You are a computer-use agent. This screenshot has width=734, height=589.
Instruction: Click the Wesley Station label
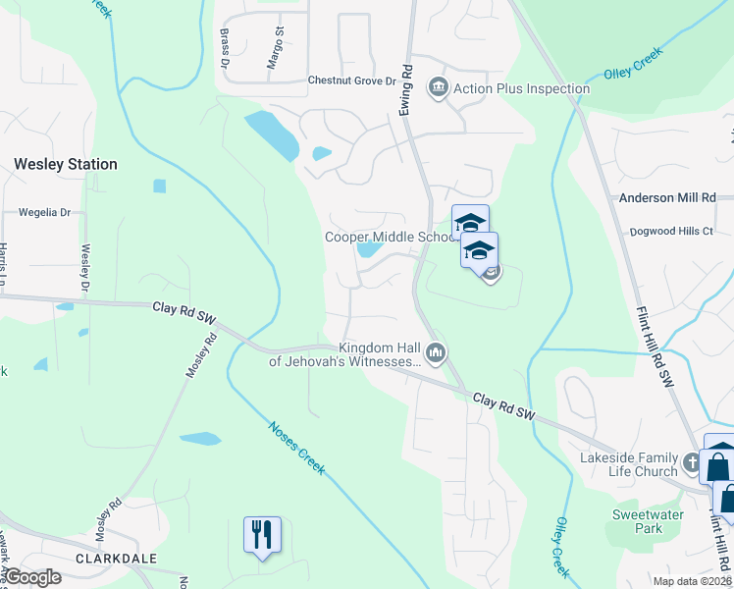pos(65,164)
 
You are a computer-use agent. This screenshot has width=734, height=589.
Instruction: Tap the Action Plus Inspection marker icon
pos(439,88)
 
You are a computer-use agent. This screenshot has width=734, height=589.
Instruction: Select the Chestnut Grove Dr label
pos(351,80)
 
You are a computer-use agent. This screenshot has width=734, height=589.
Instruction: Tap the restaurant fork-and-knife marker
pos(262,534)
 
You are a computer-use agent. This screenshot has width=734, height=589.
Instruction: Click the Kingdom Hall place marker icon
pos(438,351)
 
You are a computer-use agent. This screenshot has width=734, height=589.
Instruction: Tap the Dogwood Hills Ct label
pos(673,231)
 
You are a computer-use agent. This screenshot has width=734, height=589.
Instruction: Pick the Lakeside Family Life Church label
pos(629,464)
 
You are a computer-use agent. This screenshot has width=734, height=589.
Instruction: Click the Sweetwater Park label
pos(636,521)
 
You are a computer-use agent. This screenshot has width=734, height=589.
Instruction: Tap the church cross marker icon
pos(692,460)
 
